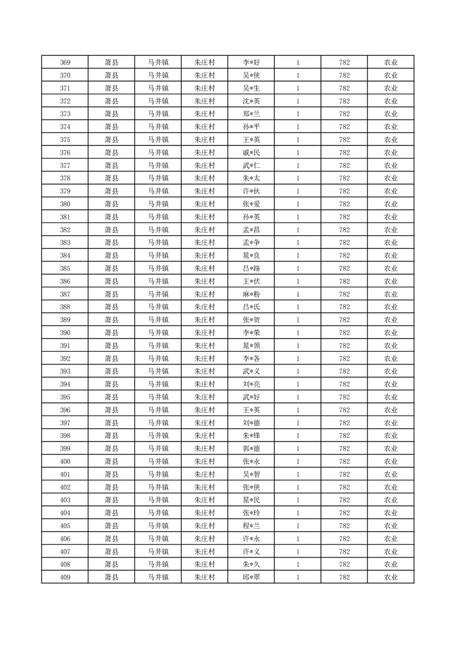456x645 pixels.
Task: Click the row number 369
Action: coord(65,63)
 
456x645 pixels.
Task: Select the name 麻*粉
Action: coord(251,294)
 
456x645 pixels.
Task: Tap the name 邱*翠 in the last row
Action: coord(251,577)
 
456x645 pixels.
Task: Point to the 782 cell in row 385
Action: coord(344,268)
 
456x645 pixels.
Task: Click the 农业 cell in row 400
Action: coord(390,462)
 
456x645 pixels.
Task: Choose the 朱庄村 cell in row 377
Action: coord(204,166)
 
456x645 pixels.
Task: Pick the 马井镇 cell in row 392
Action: coord(158,359)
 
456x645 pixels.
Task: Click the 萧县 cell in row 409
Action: coord(112,577)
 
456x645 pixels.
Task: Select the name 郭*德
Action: coord(251,449)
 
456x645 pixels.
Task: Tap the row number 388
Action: coord(65,307)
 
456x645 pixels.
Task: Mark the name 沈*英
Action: coord(251,101)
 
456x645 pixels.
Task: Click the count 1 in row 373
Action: coord(298,114)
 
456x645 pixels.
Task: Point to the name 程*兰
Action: coord(251,526)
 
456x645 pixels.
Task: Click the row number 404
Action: coord(65,513)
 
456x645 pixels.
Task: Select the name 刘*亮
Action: coord(251,385)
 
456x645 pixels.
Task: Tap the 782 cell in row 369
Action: coord(344,63)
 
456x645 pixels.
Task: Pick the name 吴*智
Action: coord(251,474)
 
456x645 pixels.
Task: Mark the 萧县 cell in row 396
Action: coord(112,410)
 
